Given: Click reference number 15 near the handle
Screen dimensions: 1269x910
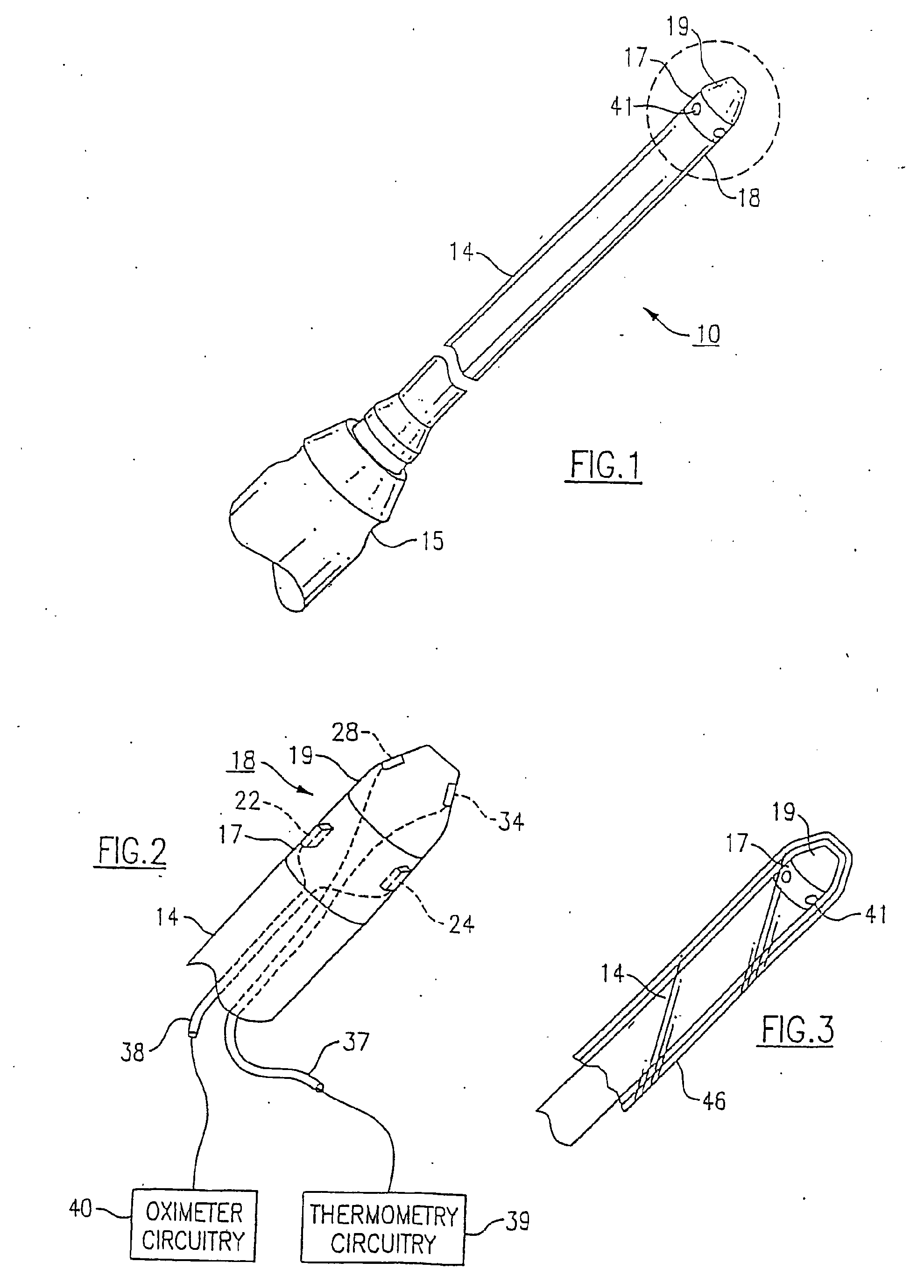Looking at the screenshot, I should coord(432,541).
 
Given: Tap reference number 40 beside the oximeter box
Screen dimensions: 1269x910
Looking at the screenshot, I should coord(80,1209).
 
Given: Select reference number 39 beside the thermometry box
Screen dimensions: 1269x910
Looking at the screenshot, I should coord(517,1221).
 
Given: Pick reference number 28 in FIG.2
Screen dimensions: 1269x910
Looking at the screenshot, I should coord(345,732).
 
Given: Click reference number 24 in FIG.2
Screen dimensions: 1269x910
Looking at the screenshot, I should coord(461,924).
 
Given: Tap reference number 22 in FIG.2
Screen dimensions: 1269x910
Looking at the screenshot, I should coord(247,801).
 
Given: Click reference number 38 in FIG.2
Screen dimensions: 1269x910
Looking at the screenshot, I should coord(133,1052).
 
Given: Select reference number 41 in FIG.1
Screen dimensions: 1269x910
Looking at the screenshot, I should coord(621,106).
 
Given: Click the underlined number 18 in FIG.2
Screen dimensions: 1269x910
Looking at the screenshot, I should coord(241,760).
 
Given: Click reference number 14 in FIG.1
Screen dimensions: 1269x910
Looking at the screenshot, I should coord(461,252).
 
